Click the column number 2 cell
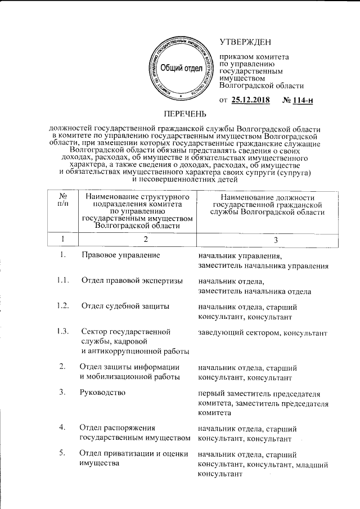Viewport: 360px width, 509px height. [145, 240]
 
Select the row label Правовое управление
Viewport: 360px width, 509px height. [121, 255]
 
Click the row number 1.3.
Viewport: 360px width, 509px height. [62, 330]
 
